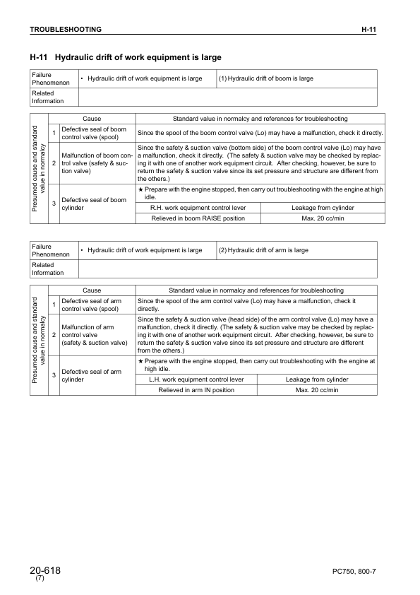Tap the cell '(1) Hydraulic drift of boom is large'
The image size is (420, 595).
pyautogui.click(x=266, y=78)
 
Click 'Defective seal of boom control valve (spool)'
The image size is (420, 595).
pyautogui.click(x=94, y=132)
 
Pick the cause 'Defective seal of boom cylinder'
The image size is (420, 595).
pyautogui.click(x=94, y=204)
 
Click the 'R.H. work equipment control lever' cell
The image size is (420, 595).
pyautogui.click(x=198, y=208)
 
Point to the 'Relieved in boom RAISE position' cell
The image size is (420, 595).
pyautogui.click(x=198, y=218)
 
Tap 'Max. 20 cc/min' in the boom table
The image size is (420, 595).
pyautogui.click(x=323, y=218)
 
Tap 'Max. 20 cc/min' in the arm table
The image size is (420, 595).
pyautogui.click(x=317, y=390)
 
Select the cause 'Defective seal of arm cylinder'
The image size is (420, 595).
pyautogui.click(x=92, y=375)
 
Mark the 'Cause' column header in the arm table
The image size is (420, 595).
pyautogui.click(x=92, y=290)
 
